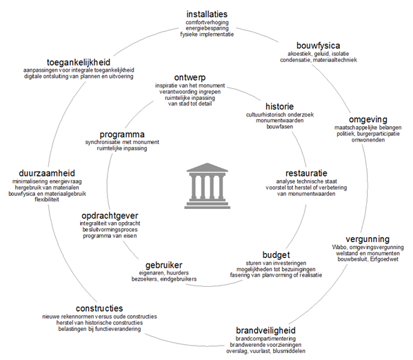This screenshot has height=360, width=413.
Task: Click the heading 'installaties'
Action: click(x=207, y=14)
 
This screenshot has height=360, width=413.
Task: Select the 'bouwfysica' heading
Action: click(x=318, y=46)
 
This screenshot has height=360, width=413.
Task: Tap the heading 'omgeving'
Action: click(x=368, y=119)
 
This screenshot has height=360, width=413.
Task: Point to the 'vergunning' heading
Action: click(x=367, y=239)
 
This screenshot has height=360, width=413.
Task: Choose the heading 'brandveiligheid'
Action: click(x=265, y=330)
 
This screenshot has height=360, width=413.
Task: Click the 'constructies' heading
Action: click(x=99, y=308)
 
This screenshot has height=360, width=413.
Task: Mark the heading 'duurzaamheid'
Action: click(x=47, y=173)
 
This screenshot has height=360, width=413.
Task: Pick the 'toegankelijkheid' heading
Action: click(x=79, y=63)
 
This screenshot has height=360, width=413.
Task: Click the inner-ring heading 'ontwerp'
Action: click(x=190, y=77)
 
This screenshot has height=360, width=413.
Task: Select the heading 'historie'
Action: click(x=279, y=106)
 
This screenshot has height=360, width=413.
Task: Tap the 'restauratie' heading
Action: click(x=306, y=173)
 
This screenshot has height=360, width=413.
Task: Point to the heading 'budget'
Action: click(x=276, y=255)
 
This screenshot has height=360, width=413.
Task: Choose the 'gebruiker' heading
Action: click(x=164, y=265)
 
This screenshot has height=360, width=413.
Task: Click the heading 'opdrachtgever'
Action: click(x=110, y=216)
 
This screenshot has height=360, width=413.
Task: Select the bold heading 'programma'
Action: click(x=122, y=134)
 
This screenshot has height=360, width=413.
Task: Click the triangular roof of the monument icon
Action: click(x=208, y=168)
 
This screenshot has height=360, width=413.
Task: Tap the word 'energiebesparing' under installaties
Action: click(x=207, y=28)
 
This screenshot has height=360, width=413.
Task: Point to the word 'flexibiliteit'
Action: click(x=47, y=199)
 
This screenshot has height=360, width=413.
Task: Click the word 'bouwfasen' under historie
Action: click(x=279, y=126)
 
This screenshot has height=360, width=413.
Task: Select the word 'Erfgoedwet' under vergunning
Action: click(x=384, y=259)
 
